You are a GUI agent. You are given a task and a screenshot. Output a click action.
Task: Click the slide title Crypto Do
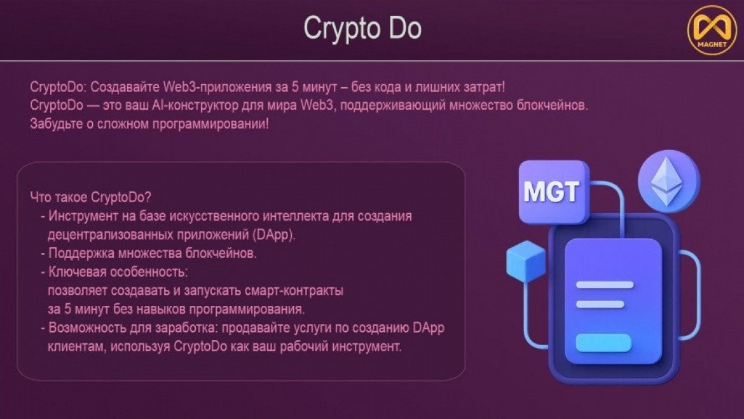pyautogui.click(x=362, y=29)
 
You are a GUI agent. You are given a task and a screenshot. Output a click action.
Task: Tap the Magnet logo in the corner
pyautogui.click(x=712, y=31)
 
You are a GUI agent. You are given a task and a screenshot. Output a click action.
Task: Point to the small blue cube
pyautogui.click(x=526, y=261)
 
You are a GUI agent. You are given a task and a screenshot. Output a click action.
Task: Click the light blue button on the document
pyautogui.click(x=603, y=343)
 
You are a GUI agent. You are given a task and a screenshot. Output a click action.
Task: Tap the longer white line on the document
pyautogui.click(x=605, y=285)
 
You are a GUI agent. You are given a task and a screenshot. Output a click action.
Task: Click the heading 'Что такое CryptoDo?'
pyautogui.click(x=91, y=197)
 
